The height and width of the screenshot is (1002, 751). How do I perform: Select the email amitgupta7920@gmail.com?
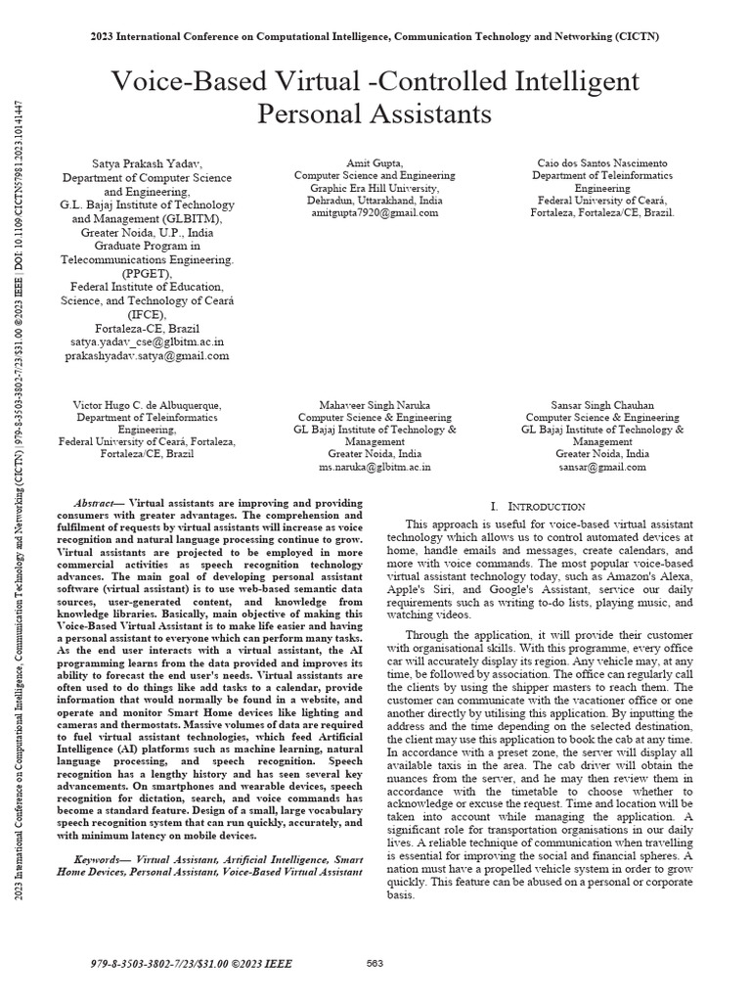click(x=375, y=211)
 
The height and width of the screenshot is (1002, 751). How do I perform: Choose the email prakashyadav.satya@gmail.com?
click(x=148, y=356)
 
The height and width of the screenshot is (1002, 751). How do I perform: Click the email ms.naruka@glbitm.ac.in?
click(x=375, y=467)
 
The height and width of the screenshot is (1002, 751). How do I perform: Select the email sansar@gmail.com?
click(x=601, y=467)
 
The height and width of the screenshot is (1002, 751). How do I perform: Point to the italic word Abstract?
click(x=95, y=501)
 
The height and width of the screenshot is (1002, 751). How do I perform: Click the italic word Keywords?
click(x=103, y=858)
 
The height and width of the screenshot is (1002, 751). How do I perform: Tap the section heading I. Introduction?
click(x=537, y=506)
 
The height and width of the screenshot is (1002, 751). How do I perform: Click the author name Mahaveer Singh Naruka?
click(x=375, y=404)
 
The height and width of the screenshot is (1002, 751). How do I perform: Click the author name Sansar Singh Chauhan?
click(x=601, y=404)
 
